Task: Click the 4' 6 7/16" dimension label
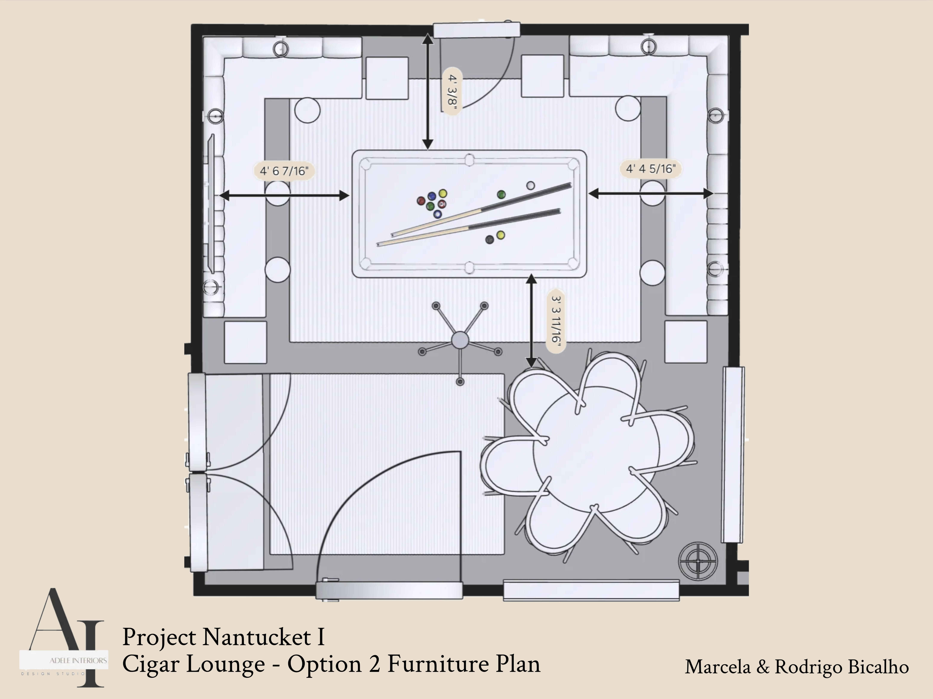(284, 171)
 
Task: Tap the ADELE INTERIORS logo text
(78, 660)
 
